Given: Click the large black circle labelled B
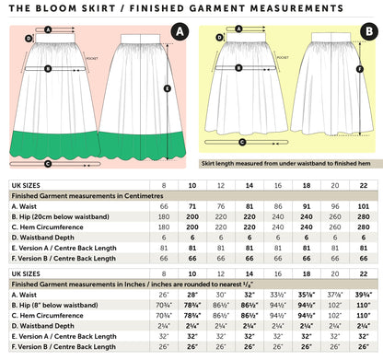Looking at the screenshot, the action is [368, 32].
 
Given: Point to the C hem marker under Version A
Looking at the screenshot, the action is [56, 164].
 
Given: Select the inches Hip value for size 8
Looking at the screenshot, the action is [164, 304].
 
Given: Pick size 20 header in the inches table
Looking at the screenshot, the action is [334, 273].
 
